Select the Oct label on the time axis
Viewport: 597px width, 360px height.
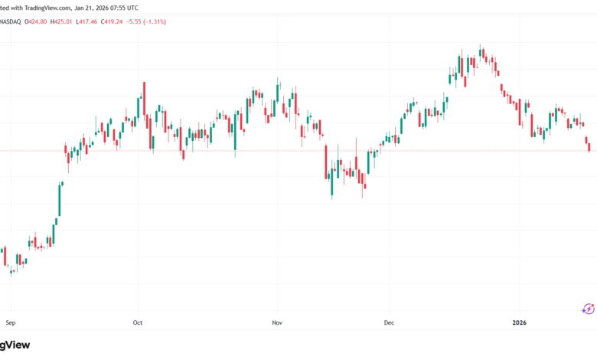click(138, 322)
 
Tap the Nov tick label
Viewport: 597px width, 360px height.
click(278, 322)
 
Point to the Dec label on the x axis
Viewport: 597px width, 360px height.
click(389, 322)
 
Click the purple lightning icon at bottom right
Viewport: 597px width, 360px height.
click(588, 309)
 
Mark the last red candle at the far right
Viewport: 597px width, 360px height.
click(589, 146)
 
